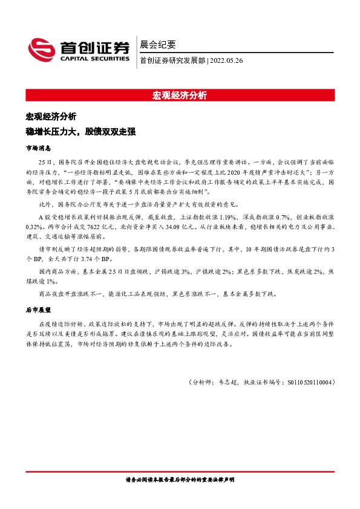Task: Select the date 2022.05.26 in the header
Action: pos(226,60)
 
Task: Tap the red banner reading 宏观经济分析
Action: pos(180,96)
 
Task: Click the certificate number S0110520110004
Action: pos(308,382)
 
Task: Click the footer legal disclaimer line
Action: pos(180,479)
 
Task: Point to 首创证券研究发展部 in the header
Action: pos(172,60)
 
